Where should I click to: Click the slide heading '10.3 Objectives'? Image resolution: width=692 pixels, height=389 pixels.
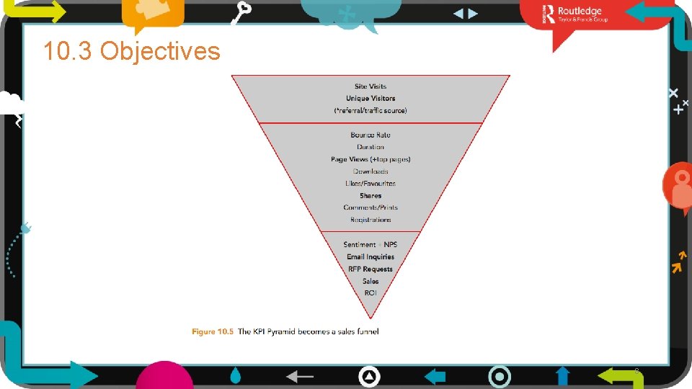click(131, 51)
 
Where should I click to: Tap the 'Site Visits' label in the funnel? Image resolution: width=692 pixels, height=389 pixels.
click(371, 86)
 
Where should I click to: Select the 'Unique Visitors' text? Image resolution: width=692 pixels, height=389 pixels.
click(371, 98)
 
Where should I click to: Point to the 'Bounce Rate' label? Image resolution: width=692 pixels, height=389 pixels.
click(371, 135)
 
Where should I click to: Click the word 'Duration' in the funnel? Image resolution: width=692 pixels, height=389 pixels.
click(371, 147)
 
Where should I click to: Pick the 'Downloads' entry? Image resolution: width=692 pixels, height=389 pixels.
click(371, 171)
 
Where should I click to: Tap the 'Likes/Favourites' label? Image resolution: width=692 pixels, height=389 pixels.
click(371, 184)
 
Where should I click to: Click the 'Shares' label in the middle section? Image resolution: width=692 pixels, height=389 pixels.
click(371, 196)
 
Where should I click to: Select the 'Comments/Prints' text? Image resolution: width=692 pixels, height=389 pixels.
click(371, 207)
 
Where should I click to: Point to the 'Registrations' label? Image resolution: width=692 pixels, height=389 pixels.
click(371, 220)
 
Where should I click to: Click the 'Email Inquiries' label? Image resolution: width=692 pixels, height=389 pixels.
click(371, 256)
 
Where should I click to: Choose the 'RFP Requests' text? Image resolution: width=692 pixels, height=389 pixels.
click(371, 269)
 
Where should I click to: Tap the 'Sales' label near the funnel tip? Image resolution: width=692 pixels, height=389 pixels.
click(371, 281)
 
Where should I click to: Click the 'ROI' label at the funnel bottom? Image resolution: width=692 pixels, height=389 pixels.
click(371, 292)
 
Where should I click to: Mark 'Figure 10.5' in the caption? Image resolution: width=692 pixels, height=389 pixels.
click(213, 331)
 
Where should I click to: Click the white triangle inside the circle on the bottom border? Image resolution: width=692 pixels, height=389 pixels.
click(369, 376)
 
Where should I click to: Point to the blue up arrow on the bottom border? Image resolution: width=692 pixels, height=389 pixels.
click(563, 376)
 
